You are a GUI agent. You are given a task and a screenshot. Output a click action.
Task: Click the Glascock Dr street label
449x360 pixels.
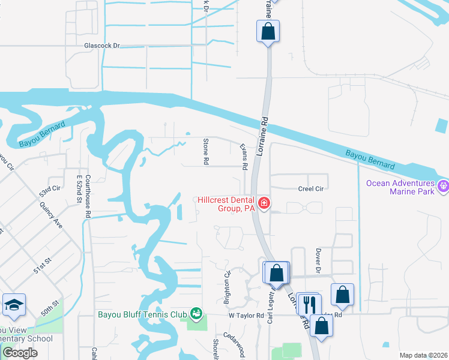click(102, 45)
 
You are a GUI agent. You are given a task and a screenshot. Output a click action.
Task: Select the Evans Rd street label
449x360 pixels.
click(244, 157)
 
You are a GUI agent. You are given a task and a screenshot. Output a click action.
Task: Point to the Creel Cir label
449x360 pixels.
click(311, 188)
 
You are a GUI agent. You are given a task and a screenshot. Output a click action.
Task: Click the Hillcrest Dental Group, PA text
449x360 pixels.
click(226, 204)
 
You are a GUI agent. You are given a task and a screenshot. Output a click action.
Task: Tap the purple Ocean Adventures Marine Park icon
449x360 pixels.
click(444, 186)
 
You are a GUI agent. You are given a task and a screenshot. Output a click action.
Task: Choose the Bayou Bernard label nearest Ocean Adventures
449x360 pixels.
click(370, 160)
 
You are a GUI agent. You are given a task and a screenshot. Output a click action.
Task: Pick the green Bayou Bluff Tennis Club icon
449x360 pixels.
click(196, 314)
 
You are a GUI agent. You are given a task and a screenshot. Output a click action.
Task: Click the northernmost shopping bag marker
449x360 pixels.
click(268, 31)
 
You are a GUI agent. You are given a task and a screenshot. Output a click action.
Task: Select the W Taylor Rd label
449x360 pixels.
click(246, 315)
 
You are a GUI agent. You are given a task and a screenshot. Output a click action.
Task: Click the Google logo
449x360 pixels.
click(20, 353)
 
